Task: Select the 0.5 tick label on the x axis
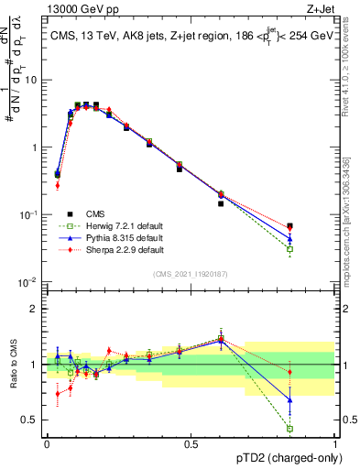[x=191, y=444]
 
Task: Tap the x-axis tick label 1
[x=334, y=444]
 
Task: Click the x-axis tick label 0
[x=47, y=444]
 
